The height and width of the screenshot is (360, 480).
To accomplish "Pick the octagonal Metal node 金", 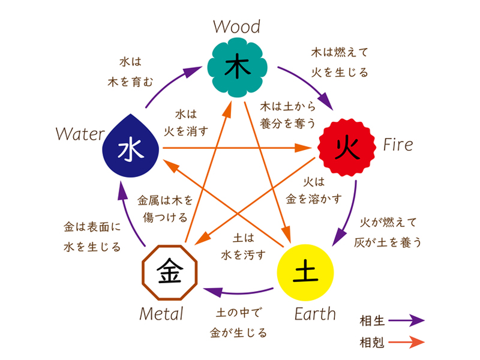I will pyautogui.click(x=169, y=272).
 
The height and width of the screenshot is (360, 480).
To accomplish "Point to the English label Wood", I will pyautogui.click(x=236, y=27).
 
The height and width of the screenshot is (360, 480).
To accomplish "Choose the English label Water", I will pyautogui.click(x=80, y=133).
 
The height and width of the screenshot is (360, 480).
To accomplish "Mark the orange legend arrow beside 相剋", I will pyautogui.click(x=406, y=342).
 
